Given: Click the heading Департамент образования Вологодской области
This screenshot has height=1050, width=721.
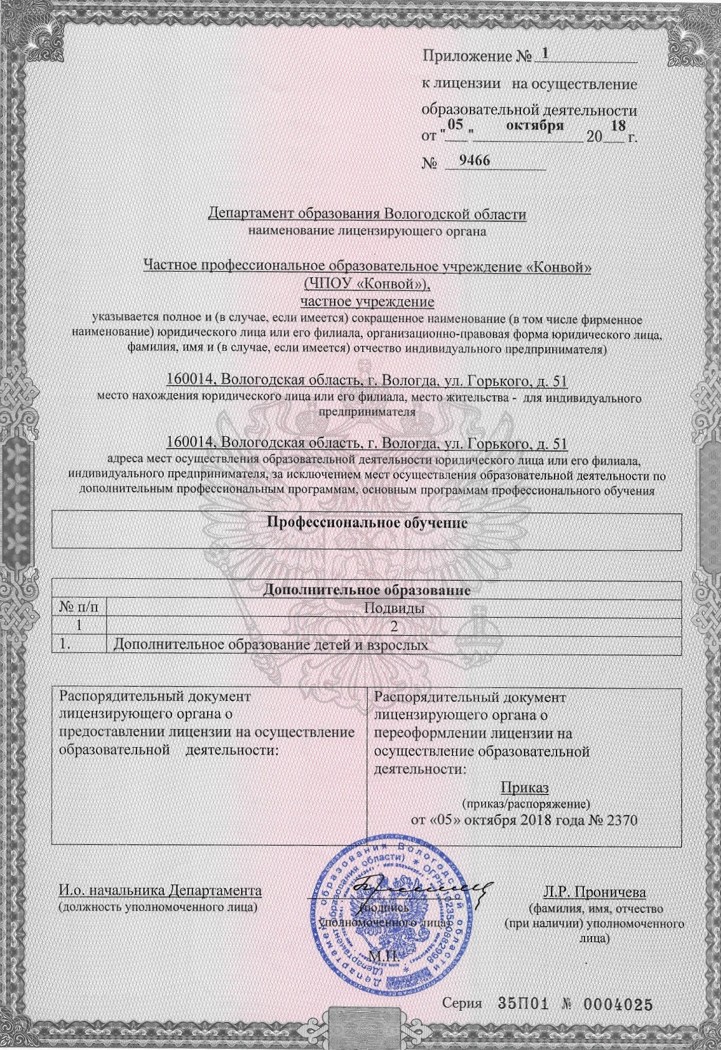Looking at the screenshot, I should [367, 214].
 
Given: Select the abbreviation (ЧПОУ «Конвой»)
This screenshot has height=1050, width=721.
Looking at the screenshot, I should [366, 284].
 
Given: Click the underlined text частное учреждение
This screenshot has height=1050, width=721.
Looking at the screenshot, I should [366, 302].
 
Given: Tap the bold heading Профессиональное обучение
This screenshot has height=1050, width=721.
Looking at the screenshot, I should [366, 522].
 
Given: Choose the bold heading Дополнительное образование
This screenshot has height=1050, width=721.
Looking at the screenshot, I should [366, 589].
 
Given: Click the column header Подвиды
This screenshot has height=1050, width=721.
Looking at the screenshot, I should [394, 608].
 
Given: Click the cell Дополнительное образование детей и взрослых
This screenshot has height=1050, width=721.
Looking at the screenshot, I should [272, 645].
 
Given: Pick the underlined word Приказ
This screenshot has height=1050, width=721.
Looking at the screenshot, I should [525, 788].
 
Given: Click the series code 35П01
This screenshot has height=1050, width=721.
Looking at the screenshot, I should [522, 1004].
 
